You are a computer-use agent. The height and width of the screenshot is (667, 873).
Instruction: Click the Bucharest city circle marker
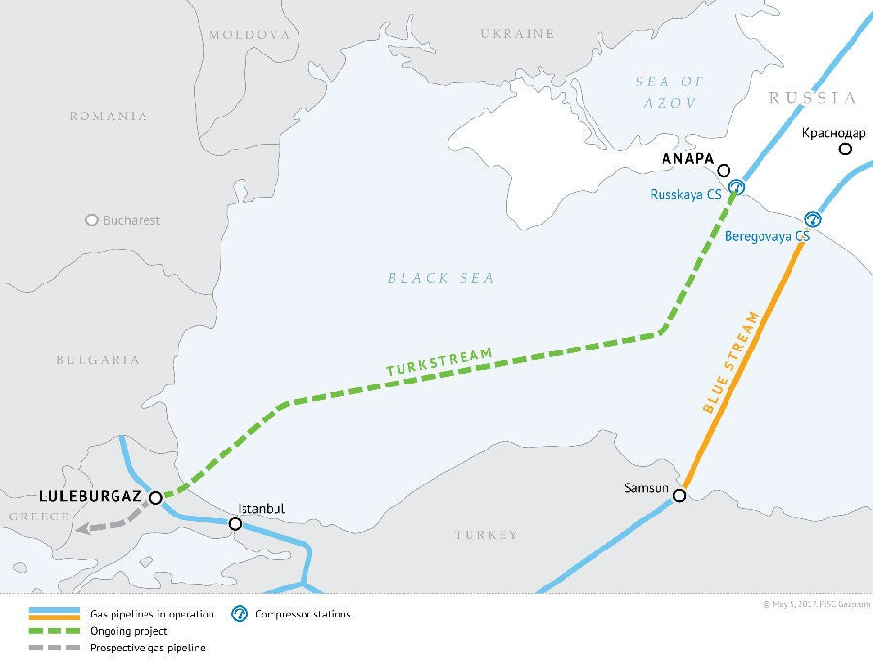92,220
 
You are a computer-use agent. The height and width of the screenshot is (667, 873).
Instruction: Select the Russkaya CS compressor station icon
736,186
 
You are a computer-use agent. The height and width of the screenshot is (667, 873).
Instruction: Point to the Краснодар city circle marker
845,149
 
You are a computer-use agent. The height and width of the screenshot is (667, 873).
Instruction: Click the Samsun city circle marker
679,496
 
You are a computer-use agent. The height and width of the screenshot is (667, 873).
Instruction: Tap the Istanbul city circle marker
235,524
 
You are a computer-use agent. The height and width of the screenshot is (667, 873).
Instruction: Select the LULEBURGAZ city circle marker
156,497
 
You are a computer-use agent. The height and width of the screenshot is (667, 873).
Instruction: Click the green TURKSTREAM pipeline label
438,362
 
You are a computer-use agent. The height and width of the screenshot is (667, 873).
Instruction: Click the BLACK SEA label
441,279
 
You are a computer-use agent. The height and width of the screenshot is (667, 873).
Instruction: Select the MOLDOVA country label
249,34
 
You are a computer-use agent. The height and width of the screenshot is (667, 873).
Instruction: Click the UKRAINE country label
517,34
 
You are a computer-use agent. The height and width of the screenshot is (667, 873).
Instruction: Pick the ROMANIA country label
108,117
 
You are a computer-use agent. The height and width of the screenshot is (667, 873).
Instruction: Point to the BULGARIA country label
97,360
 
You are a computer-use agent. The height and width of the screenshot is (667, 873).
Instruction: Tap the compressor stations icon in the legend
238,614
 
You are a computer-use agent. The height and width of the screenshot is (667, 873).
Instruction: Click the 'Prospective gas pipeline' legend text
147,648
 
